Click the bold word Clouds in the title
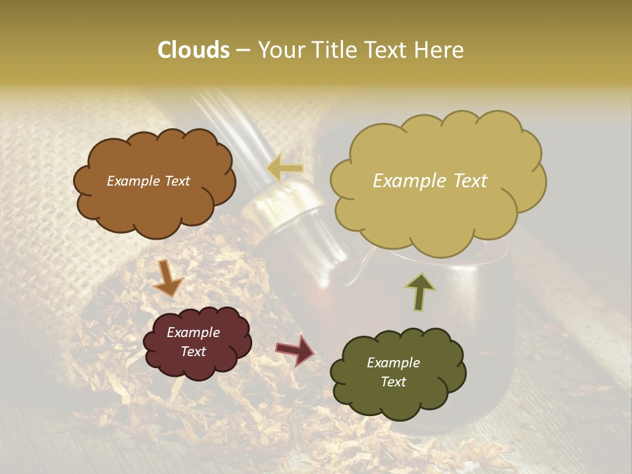tap(193, 50)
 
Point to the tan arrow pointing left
tap(284, 169)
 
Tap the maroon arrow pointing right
tap(294, 350)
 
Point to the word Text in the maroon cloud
tap(194, 352)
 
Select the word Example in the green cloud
tap(393, 363)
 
